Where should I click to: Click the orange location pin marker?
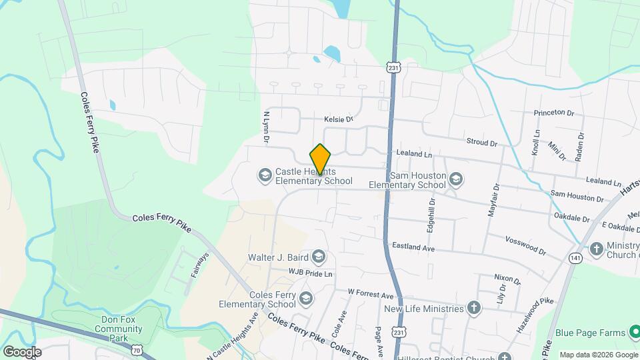(x=321, y=159)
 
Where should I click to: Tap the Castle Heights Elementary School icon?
(x=265, y=175)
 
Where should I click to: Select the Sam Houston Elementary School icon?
(x=455, y=179)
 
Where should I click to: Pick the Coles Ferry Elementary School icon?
(x=306, y=297)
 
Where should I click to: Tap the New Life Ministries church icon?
(x=473, y=308)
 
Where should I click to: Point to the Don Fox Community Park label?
(x=119, y=325)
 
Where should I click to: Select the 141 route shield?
(x=575, y=257)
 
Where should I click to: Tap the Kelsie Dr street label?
(x=338, y=119)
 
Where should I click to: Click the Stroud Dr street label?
(x=482, y=143)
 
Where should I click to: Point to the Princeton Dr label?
(x=554, y=113)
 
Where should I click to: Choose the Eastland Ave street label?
(x=413, y=247)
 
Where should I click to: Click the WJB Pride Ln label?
(x=310, y=273)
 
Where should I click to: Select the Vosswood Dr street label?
(x=525, y=246)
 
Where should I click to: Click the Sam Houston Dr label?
(x=577, y=196)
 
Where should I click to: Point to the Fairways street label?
(x=200, y=264)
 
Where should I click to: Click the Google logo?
(x=22, y=351)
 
